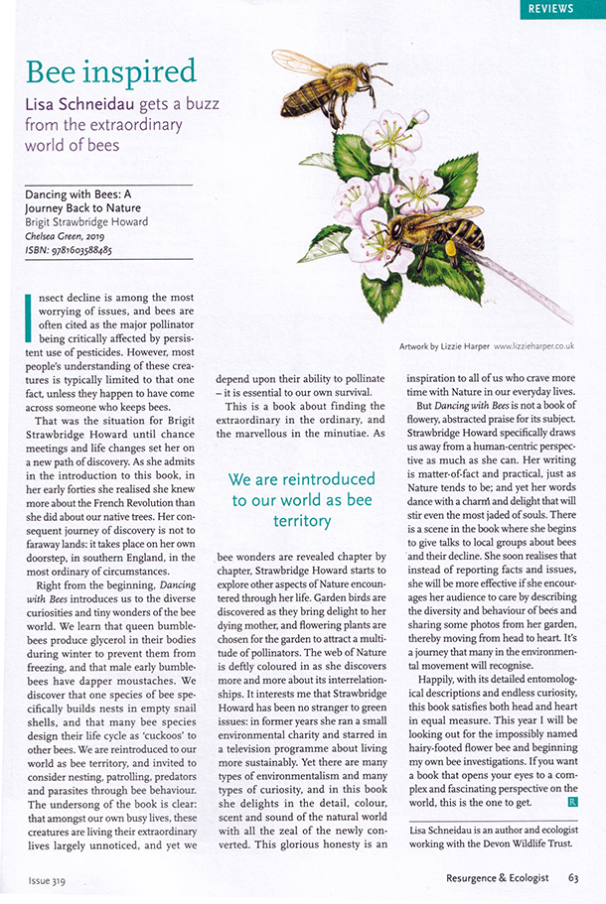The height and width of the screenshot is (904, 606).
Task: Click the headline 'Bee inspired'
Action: (111, 71)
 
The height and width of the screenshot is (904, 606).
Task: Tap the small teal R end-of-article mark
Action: (573, 800)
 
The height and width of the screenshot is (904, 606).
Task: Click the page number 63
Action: (573, 878)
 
